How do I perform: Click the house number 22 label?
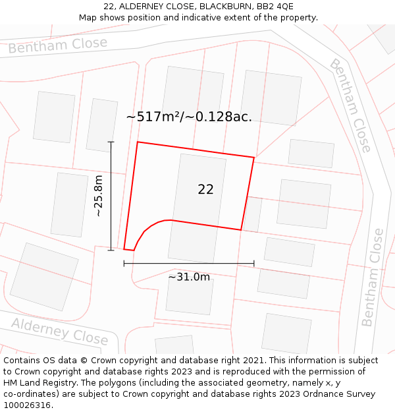tap(205, 189)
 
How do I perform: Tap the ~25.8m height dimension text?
tap(98, 196)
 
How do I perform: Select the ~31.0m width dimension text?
tap(189, 277)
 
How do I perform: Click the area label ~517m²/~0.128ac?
tap(189, 117)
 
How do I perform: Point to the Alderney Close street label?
tap(59, 330)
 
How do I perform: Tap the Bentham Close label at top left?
tap(58, 45)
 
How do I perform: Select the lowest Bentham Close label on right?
tap(372, 277)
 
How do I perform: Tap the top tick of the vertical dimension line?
tap(111, 142)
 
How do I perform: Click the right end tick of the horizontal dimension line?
tap(253, 264)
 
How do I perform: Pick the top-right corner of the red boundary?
tap(253, 158)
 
